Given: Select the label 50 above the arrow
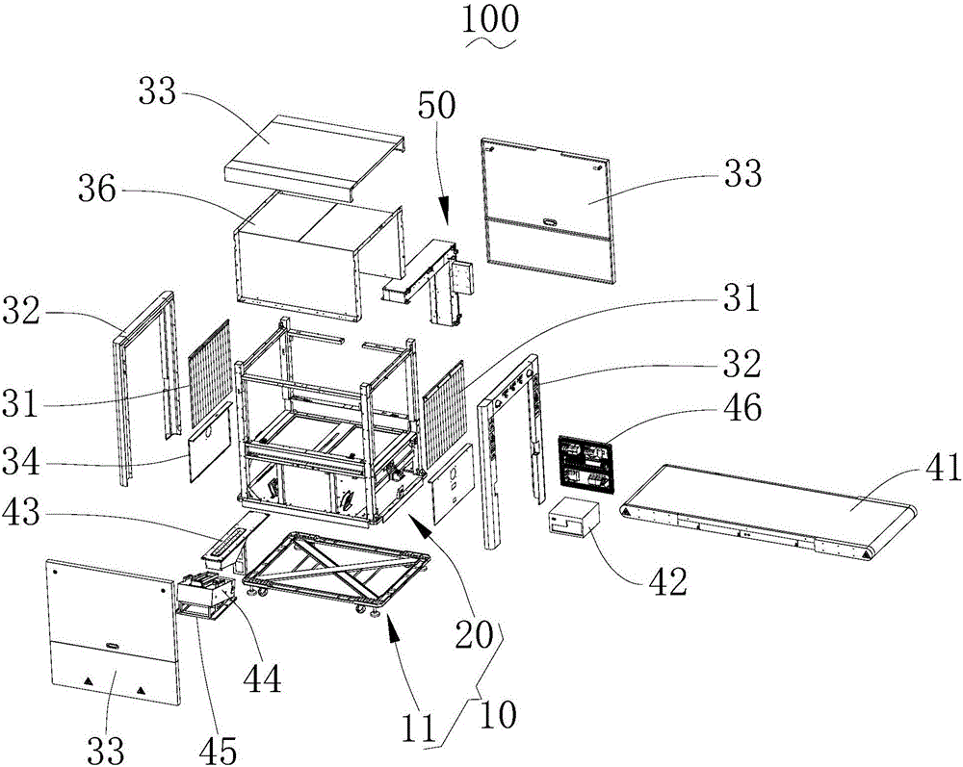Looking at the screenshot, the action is [x=436, y=105].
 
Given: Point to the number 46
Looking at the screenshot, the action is [x=742, y=408].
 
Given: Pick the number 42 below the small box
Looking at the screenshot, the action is [x=667, y=582].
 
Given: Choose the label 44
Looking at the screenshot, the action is [x=262, y=679].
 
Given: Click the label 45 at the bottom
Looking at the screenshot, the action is [x=218, y=750].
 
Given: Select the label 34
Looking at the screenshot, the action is [x=21, y=461].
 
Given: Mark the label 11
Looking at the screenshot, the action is [x=419, y=729].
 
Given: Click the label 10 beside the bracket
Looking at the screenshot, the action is [x=498, y=715].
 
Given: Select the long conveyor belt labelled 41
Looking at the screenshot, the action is [x=770, y=512].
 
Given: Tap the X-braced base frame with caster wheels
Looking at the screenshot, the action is [x=337, y=570].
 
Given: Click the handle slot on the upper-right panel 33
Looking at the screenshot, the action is [x=550, y=220].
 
